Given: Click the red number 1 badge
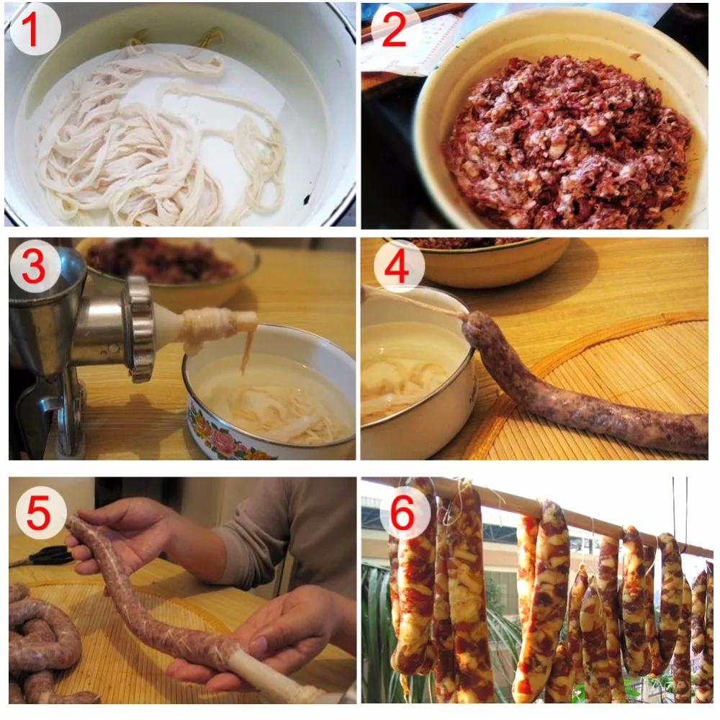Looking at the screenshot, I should [x=35, y=31].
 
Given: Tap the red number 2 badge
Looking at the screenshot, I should [x=393, y=31].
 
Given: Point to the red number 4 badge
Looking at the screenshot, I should [x=393, y=266].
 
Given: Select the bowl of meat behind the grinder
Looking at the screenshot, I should [x=166, y=261].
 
